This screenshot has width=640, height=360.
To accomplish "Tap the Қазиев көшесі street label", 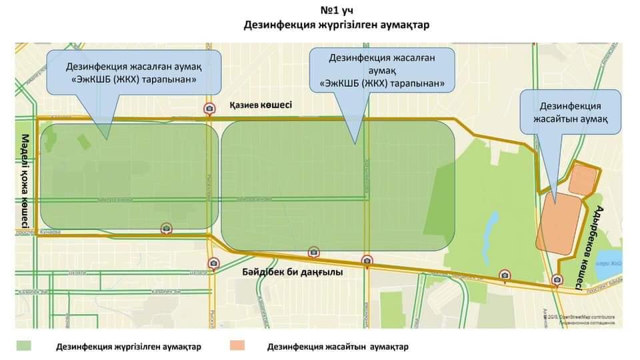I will [260, 105].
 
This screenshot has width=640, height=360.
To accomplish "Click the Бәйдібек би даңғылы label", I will [292, 272].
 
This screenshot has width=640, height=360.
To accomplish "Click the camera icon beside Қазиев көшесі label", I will [209, 109].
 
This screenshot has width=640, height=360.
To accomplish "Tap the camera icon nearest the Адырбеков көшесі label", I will [557, 281].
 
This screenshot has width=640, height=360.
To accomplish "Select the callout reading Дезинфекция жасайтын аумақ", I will [570, 112].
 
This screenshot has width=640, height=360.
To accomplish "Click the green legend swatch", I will [24, 346].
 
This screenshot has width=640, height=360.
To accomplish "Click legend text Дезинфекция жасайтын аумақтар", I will [337, 347].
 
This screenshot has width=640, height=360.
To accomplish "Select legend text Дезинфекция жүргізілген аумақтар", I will [129, 347].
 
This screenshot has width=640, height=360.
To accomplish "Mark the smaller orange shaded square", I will [583, 179].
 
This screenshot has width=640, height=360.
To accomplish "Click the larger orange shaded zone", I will [556, 223].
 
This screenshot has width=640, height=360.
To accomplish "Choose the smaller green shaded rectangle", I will [129, 176].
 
